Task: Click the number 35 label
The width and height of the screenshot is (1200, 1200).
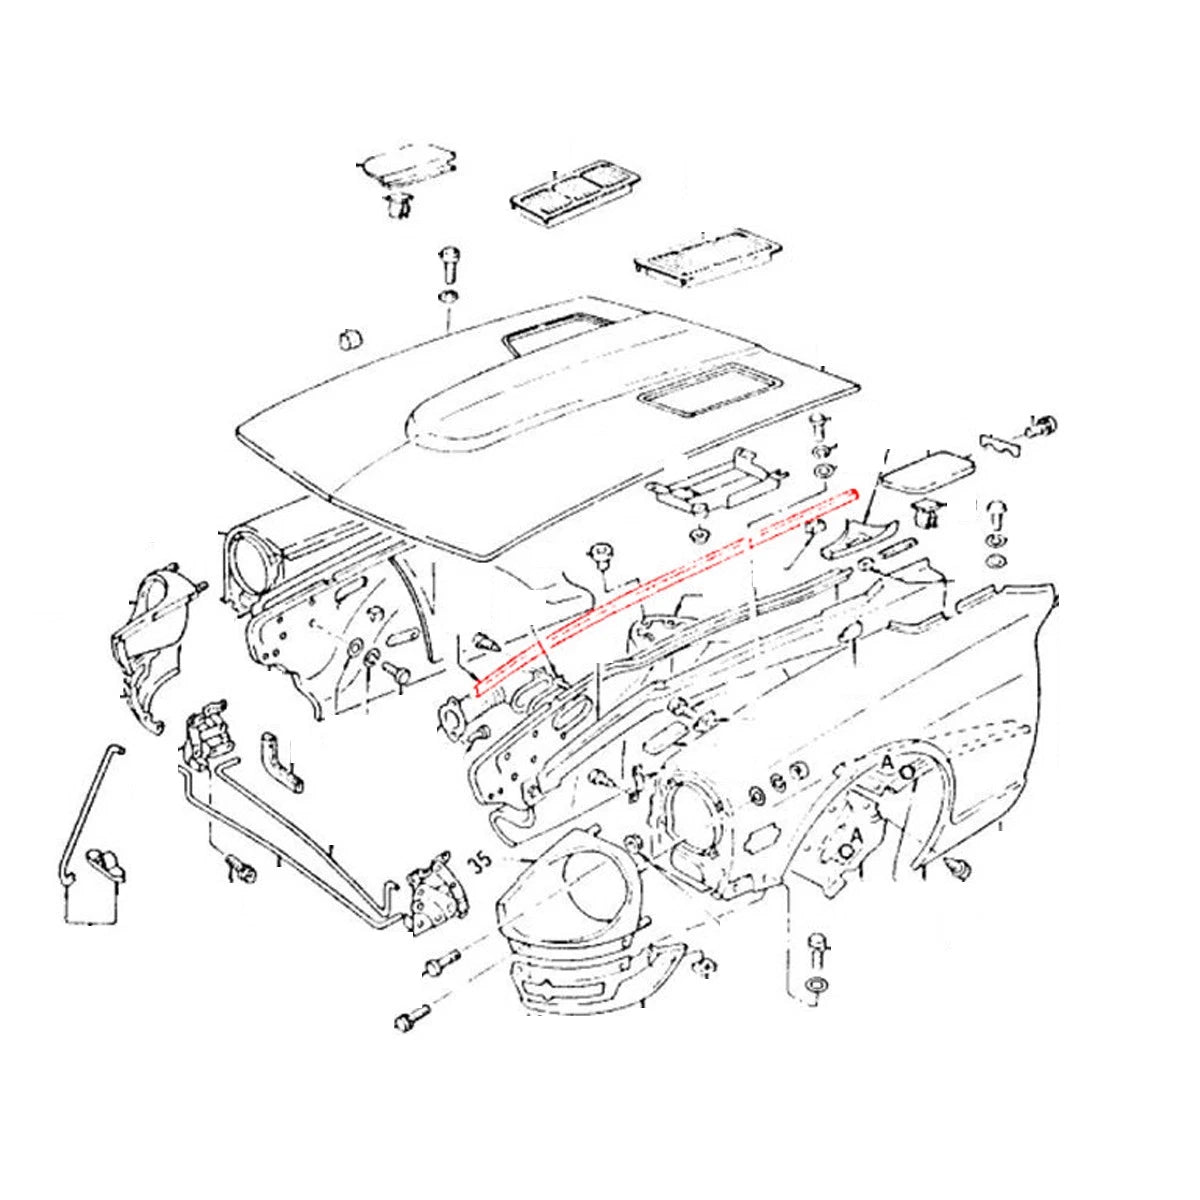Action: click(480, 860)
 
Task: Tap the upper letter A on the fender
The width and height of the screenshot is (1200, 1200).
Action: click(886, 762)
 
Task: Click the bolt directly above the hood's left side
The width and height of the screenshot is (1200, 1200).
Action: click(446, 266)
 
